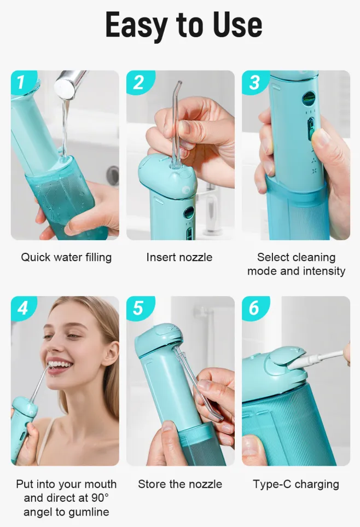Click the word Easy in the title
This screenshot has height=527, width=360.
(136, 26)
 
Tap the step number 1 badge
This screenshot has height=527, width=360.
(21, 82)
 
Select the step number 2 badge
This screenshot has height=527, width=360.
(138, 82)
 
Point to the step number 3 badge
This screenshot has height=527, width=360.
(254, 82)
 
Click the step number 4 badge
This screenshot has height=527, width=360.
(22, 308)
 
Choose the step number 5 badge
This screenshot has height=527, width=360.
(138, 308)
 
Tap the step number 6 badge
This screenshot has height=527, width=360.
(254, 308)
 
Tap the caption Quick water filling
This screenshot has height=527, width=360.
(66, 257)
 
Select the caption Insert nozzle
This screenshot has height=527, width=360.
(179, 257)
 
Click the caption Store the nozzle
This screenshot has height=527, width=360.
(180, 484)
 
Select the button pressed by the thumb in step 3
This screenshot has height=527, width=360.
(311, 128)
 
